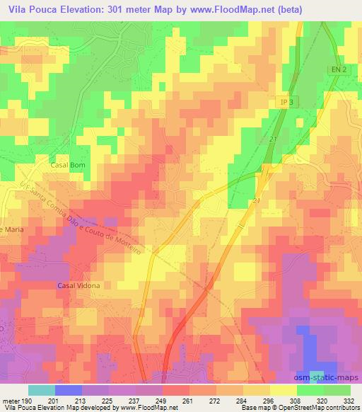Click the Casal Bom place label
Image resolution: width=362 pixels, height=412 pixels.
pos(67,164)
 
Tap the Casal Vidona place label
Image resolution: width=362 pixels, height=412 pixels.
pos(78,285)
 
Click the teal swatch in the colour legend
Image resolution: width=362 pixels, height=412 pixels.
pos(42,390)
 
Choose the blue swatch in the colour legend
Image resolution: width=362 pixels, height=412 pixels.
pos(69,390)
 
